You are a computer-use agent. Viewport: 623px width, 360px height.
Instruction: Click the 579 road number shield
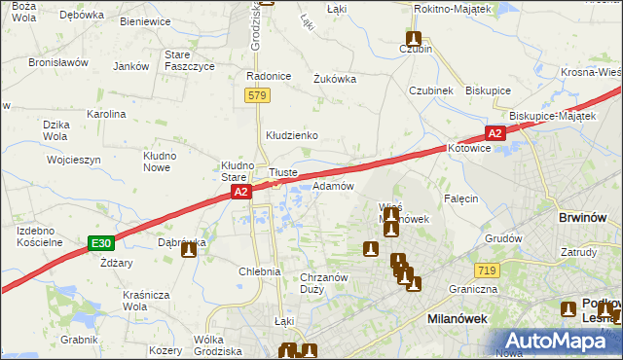pyautogui.click(x=257, y=95)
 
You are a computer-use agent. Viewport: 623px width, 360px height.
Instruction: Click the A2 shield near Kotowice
pyautogui.click(x=495, y=133)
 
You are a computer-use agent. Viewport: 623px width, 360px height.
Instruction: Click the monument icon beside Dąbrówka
pyautogui.click(x=189, y=249)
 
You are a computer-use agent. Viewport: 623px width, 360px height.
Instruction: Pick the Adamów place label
pyautogui.click(x=332, y=186)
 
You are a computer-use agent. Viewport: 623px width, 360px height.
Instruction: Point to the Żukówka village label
pyautogui.click(x=334, y=80)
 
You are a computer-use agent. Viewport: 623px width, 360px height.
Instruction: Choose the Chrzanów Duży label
pyautogui.click(x=324, y=283)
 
